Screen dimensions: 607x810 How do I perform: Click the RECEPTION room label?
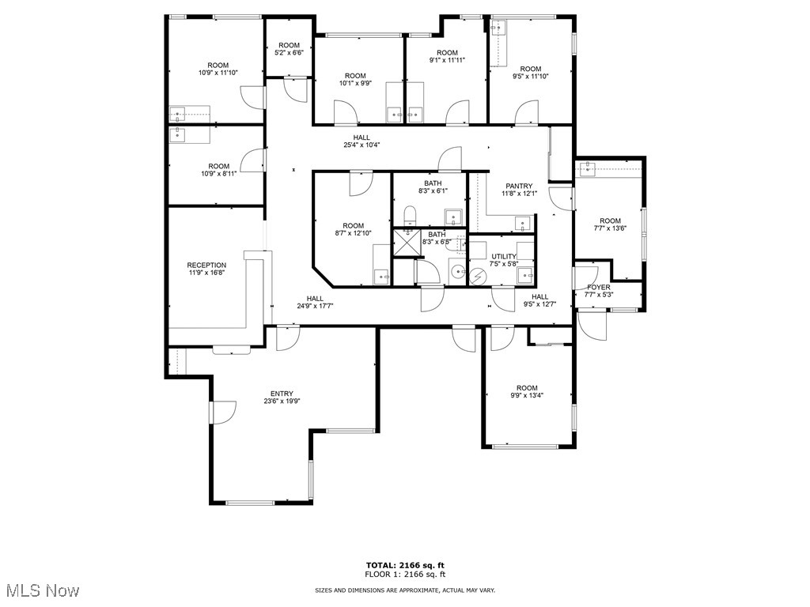[206, 266]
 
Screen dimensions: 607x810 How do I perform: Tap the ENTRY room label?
[282, 394]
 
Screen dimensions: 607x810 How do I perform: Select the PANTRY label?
[520, 187]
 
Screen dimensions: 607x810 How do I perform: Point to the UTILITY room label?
[503, 256]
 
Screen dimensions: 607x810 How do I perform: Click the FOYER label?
[597, 287]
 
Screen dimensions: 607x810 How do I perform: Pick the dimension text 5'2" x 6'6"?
[289, 53]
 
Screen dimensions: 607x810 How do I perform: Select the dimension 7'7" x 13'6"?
[610, 229]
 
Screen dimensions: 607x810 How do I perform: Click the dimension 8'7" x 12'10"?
[354, 234]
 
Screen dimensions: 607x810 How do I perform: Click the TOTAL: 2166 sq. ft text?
[405, 565]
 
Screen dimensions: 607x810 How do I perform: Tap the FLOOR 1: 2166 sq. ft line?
[405, 575]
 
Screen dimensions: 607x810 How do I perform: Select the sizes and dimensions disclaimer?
[405, 590]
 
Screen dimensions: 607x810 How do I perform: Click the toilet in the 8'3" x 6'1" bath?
[409, 216]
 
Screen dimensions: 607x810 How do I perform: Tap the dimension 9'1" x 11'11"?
[447, 60]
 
